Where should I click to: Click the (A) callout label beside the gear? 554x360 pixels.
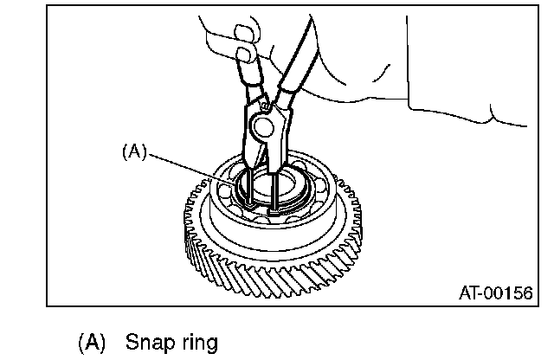[x=133, y=151]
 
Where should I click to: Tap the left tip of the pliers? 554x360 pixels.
[x=248, y=206]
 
